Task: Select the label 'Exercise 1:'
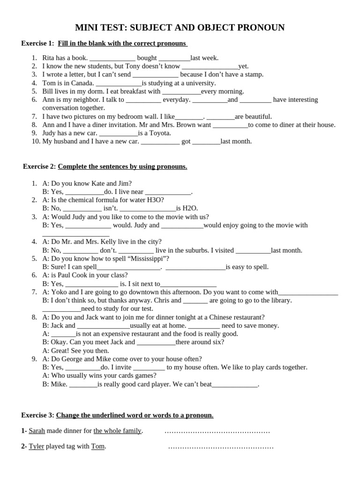37,44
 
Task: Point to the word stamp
253,75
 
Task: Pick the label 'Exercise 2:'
39,166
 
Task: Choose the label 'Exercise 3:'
37,415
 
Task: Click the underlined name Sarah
37,431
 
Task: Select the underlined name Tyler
36,446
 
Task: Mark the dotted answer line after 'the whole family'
217,431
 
